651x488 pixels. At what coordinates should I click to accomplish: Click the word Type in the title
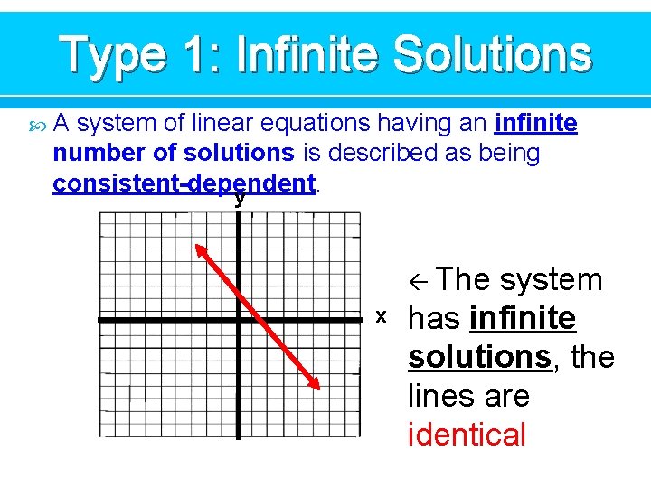pyautogui.click(x=113, y=56)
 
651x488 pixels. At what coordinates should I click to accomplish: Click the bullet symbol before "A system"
pyautogui.click(x=36, y=123)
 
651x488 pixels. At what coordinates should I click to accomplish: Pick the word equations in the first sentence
pyautogui.click(x=319, y=123)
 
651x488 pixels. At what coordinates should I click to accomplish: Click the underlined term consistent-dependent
pyautogui.click(x=184, y=183)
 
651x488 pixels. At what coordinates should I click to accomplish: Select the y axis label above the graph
pyautogui.click(x=240, y=198)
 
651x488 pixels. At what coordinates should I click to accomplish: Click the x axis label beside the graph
pyautogui.click(x=382, y=315)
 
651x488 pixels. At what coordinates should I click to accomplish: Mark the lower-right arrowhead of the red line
pyautogui.click(x=316, y=386)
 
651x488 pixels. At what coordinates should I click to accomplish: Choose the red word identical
pyautogui.click(x=467, y=435)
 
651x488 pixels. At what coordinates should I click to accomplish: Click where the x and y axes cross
pyautogui.click(x=240, y=320)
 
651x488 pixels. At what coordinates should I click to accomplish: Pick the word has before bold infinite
pyautogui.click(x=435, y=318)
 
